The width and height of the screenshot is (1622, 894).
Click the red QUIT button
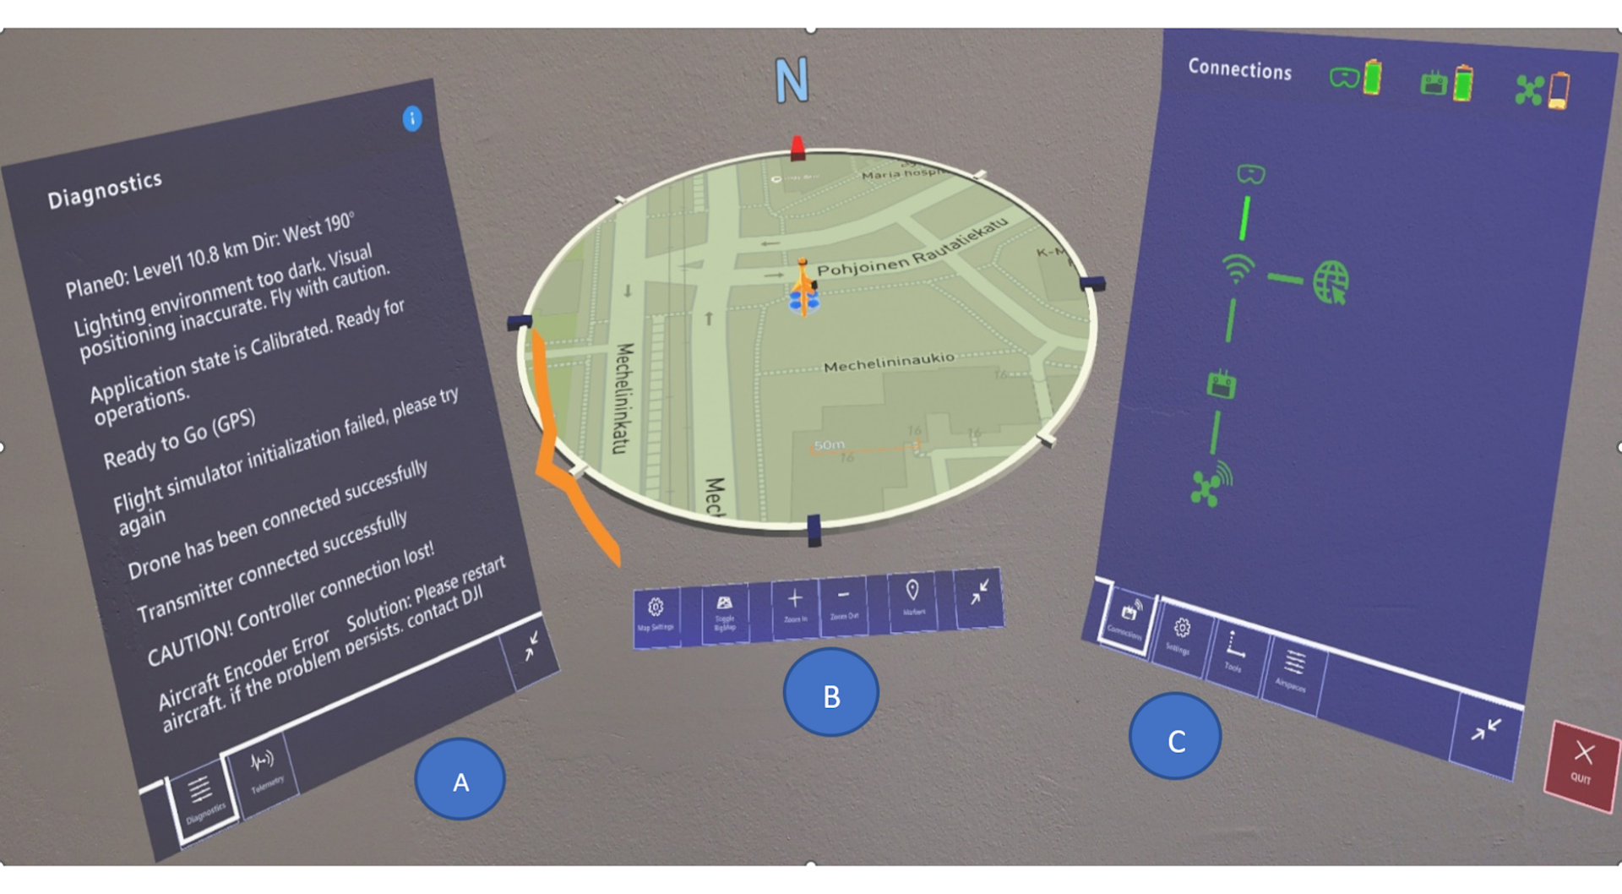[1581, 764]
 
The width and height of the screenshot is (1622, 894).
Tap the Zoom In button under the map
[795, 605]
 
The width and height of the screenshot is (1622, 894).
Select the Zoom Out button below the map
[843, 602]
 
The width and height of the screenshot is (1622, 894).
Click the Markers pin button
[912, 597]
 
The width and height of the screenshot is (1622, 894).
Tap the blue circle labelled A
[460, 780]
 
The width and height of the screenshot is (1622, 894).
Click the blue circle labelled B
[831, 693]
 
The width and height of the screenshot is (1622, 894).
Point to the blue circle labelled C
[1175, 738]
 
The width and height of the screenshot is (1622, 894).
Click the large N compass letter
[792, 81]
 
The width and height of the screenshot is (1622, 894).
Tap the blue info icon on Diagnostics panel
[412, 118]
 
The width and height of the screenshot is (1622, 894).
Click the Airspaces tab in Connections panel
[1293, 670]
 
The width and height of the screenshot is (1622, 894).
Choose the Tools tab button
[1234, 651]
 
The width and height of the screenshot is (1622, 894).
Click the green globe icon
[1331, 282]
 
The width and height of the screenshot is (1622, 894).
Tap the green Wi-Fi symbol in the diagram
[1238, 269]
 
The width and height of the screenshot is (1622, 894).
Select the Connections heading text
[1239, 68]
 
